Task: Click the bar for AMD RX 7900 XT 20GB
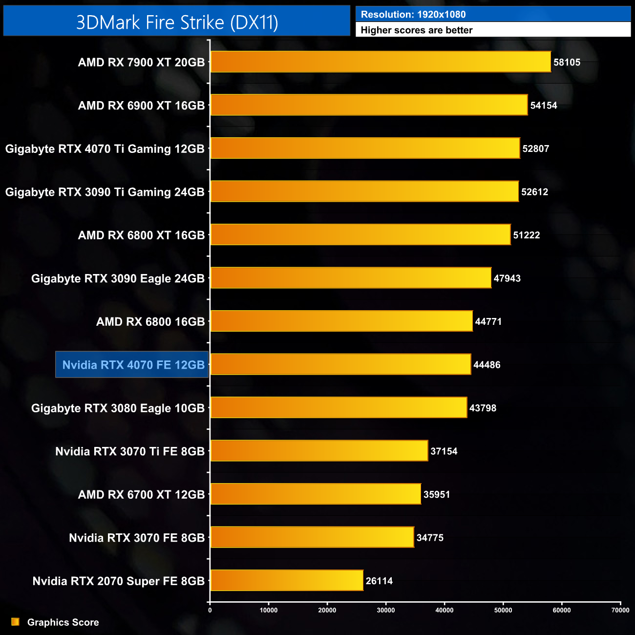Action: coord(381,62)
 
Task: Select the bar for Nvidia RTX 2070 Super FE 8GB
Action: coord(287,580)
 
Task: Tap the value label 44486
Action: coord(487,365)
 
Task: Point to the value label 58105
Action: coord(567,62)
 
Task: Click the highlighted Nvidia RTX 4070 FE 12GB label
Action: coord(132,365)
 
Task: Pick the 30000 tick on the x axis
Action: coord(386,610)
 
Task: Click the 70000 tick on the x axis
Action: coord(620,610)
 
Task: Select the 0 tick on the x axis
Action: coord(210,610)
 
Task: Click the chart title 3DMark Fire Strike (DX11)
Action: coord(177,22)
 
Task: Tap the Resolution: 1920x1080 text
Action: coord(413,15)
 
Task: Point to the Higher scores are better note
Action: coord(417,30)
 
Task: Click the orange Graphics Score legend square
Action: coord(16,622)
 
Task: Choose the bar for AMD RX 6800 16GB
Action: coord(341,321)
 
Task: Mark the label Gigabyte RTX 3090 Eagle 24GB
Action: coord(118,278)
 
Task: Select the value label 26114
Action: coord(379,581)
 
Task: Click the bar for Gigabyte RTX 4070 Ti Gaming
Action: coord(365,148)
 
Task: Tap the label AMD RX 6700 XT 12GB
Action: coord(141,494)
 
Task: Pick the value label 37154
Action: coord(444,451)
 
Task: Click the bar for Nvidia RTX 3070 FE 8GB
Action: coord(312,537)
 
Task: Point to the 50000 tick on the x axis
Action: coord(503,610)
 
